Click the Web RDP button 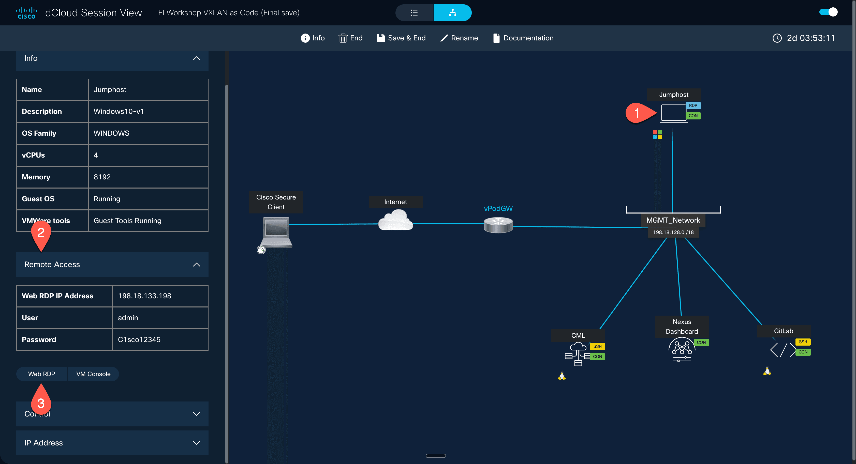(x=41, y=374)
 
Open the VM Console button (x=93, y=374)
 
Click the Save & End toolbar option (x=401, y=38)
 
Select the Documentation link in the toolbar (x=523, y=38)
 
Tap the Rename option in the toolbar (x=459, y=38)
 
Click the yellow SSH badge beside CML (x=597, y=346)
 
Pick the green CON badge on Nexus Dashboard (x=701, y=342)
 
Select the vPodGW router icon (x=498, y=225)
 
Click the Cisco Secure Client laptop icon (x=276, y=232)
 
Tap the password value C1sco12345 (x=139, y=339)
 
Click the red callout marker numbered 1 (x=637, y=113)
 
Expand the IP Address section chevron (x=196, y=443)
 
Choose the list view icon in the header (x=414, y=13)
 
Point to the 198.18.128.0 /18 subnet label (x=673, y=232)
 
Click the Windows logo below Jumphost (x=657, y=134)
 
